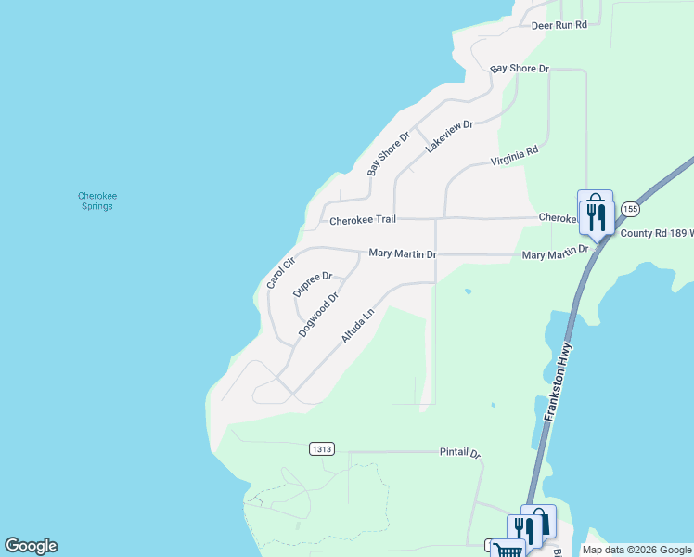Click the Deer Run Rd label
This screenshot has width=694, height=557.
pyautogui.click(x=559, y=25)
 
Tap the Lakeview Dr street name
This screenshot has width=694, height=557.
pyautogui.click(x=449, y=136)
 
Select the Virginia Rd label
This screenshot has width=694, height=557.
pyautogui.click(x=514, y=156)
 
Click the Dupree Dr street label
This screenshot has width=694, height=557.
pyautogui.click(x=312, y=283)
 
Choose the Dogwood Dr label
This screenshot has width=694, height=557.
pyautogui.click(x=317, y=314)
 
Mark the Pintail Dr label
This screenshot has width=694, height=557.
pyautogui.click(x=459, y=453)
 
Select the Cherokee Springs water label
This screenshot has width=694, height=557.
pyautogui.click(x=96, y=201)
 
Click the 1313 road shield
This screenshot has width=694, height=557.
pyautogui.click(x=322, y=449)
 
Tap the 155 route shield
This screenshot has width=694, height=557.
pyautogui.click(x=630, y=208)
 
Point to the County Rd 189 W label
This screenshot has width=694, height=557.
pyautogui.click(x=656, y=234)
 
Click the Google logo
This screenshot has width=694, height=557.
pyautogui.click(x=31, y=546)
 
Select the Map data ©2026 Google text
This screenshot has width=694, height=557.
pyautogui.click(x=636, y=550)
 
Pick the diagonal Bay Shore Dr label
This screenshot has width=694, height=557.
pyautogui.click(x=388, y=153)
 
